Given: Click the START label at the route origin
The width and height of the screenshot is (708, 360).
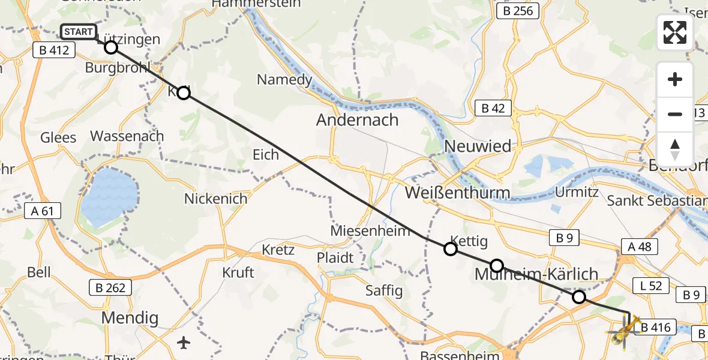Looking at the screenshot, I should pos(78,32).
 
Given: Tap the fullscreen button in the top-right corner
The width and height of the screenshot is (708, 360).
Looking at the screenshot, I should pos(675,32).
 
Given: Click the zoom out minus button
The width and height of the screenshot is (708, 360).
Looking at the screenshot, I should pos(675,114).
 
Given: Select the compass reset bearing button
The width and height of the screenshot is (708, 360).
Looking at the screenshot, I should pos(675,149).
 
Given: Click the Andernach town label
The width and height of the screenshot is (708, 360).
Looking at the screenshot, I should pos(358,120).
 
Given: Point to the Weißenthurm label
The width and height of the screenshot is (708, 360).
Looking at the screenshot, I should pos(457,193).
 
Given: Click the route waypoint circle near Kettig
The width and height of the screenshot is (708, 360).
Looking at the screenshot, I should pos(450,250).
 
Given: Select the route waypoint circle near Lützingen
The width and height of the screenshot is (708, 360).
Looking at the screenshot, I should pos(111,47).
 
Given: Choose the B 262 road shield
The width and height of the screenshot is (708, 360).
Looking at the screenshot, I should pos(110,287).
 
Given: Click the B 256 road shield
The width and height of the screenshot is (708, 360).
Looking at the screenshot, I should pos(518,10).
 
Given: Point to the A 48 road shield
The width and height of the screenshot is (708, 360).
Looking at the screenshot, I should pos(640,246).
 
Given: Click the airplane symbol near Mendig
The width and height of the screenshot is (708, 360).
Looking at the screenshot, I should pos(184,343).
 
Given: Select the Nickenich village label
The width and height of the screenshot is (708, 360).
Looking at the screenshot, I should pos(215,199).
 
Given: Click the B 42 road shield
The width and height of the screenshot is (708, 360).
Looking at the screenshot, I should pos(493,108).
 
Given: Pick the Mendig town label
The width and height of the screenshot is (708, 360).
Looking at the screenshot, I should pos(130,317).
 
